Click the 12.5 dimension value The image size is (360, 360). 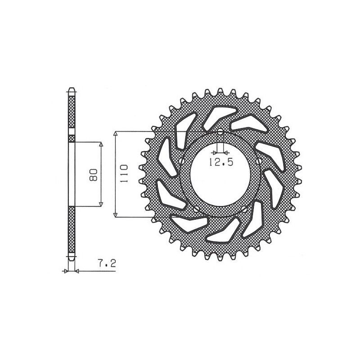pos(220,163)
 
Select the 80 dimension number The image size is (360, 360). pos(94,174)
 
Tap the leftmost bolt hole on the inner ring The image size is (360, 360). pos(181,161)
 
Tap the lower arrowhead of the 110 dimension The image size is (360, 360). pos(116,215)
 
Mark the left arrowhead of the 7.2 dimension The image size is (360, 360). pos(66,271)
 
